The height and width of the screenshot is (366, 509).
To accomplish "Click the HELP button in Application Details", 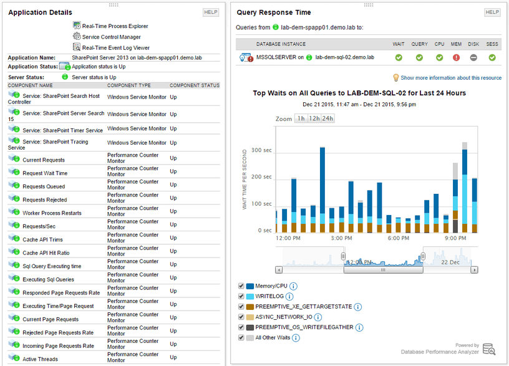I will coord(211,12).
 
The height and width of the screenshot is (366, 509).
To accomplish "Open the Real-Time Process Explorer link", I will coord(115,26).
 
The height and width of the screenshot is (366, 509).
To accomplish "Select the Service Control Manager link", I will coord(111,37).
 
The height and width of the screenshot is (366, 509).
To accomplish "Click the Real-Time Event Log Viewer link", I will coord(115,47).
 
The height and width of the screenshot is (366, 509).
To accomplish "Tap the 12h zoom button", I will coord(314,118).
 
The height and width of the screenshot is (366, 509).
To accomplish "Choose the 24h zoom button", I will coord(327,118).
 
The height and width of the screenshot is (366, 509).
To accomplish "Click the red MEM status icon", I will coord(456,57).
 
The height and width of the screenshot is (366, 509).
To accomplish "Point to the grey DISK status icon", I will coord(474,57).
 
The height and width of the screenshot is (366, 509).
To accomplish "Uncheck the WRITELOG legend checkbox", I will coord(241,297).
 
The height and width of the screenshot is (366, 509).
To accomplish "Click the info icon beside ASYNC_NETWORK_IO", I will coord(318,317).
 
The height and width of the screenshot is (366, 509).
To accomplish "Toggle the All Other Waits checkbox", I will coord(241,337).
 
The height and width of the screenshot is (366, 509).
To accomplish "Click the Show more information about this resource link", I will coord(450,78).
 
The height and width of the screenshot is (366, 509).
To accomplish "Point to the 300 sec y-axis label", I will coord(261,150).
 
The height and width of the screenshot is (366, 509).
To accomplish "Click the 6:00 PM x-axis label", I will coord(398,238).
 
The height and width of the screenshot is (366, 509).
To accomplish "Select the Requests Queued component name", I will coord(44,186).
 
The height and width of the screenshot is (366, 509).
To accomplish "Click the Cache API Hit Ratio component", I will coord(46,253).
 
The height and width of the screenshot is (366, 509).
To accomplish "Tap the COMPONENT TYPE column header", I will coord(129,85).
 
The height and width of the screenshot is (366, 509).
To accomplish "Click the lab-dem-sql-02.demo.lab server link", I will coord(344,57).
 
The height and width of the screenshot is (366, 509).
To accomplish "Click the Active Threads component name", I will coord(40,359).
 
